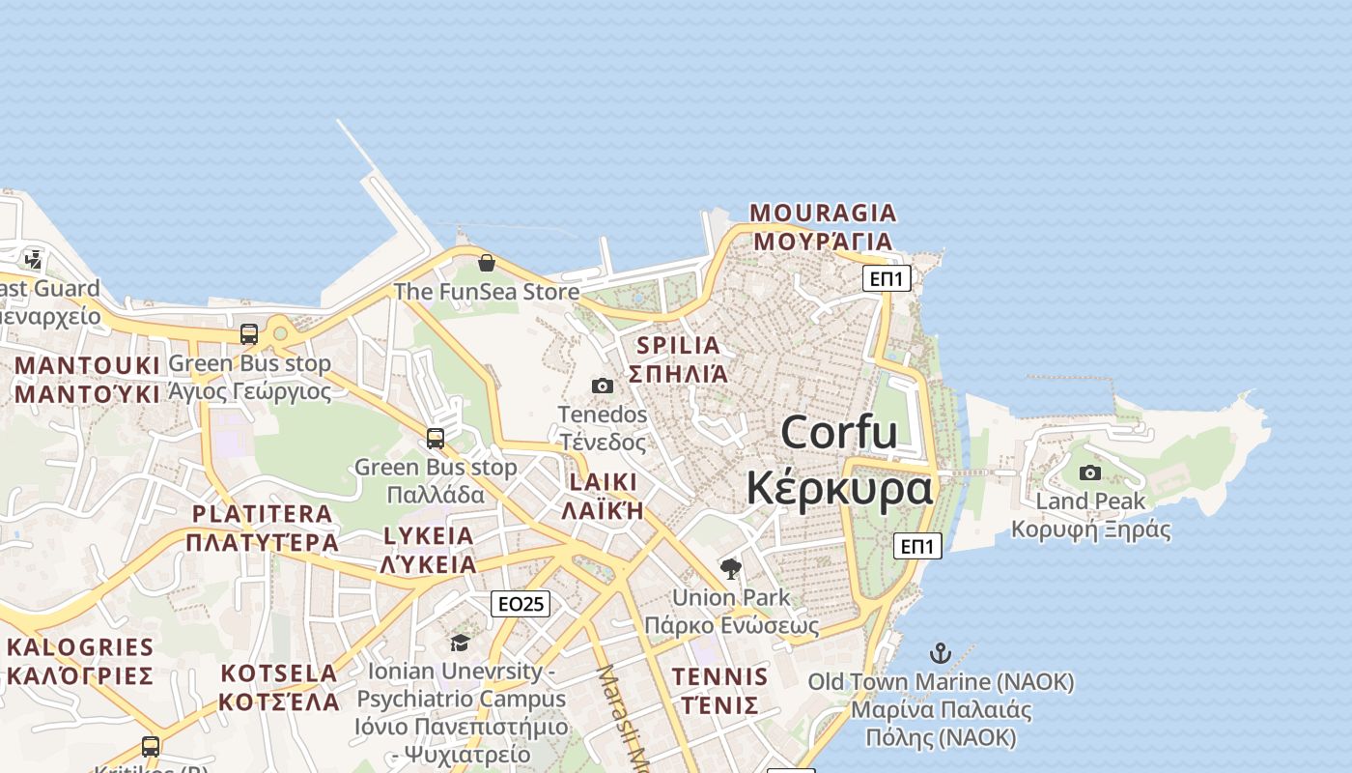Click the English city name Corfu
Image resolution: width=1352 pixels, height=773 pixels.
838,432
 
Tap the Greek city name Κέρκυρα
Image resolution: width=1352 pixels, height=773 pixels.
839,488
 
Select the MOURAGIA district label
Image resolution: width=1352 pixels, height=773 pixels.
823,213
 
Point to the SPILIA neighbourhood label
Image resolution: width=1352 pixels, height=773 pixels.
679,345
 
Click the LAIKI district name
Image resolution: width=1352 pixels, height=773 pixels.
604,482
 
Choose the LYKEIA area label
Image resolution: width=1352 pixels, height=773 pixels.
429,536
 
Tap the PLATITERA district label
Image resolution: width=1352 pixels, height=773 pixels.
262,514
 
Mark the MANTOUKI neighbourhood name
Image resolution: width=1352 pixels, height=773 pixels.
87,366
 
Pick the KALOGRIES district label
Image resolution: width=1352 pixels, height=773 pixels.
80,647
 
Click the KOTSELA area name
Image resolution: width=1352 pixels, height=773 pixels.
279,673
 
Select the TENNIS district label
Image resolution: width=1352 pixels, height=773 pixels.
720,676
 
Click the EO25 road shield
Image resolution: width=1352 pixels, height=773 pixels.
521,604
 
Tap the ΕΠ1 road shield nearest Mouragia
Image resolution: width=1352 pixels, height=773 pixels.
887,279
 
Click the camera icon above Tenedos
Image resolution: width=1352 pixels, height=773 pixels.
603,386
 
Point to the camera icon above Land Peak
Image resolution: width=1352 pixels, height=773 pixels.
1090,472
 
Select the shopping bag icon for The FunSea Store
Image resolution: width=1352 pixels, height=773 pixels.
487,263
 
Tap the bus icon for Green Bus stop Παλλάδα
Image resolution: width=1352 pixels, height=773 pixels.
436,439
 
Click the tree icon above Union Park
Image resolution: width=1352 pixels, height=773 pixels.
731,568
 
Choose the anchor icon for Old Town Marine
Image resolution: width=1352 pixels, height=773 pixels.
940,653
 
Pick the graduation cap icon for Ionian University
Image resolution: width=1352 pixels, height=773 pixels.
460,643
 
